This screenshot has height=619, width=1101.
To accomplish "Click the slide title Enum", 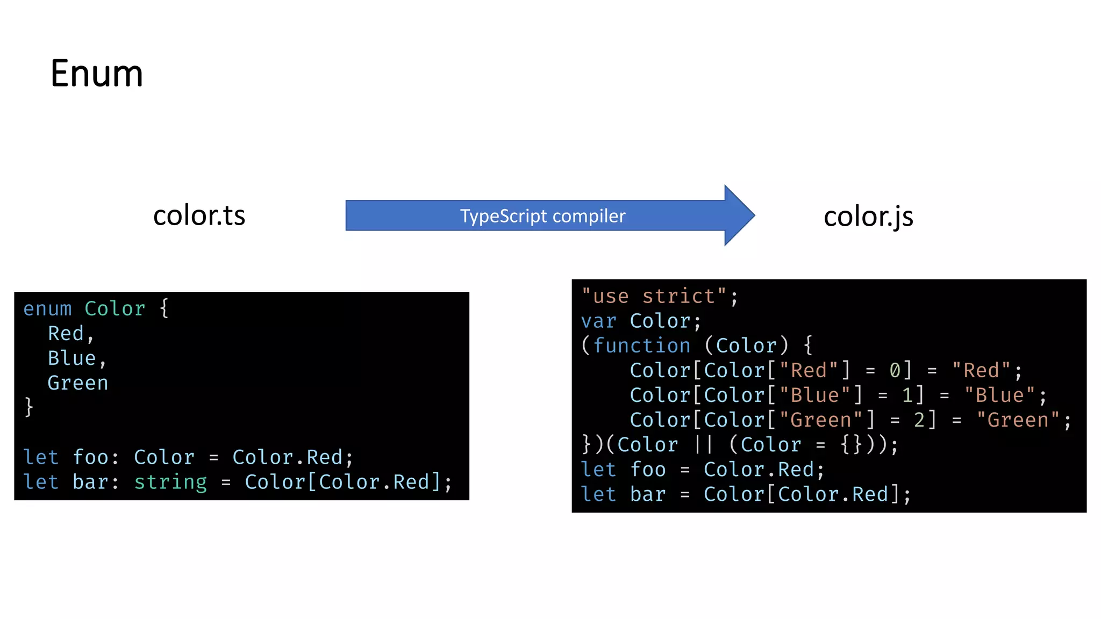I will pyautogui.click(x=97, y=74).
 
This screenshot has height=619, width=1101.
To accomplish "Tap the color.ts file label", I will pyautogui.click(x=199, y=215).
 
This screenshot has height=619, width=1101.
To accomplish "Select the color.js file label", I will pyautogui.click(x=868, y=217).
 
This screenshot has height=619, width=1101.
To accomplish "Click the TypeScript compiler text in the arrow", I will pyautogui.click(x=542, y=216).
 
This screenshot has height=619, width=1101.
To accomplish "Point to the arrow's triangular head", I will pyautogui.click(x=739, y=215).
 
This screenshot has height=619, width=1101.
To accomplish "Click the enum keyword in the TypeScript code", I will pyautogui.click(x=47, y=309).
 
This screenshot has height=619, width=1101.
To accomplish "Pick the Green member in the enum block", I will pyautogui.click(x=78, y=383).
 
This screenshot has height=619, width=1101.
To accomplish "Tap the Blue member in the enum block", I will pyautogui.click(x=72, y=358).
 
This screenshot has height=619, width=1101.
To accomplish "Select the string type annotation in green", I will pyautogui.click(x=170, y=482).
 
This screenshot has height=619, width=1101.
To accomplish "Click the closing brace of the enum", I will pyautogui.click(x=29, y=407).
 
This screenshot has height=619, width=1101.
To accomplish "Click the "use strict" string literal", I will pyautogui.click(x=654, y=296).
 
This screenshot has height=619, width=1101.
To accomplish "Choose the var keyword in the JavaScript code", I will pyautogui.click(x=598, y=321).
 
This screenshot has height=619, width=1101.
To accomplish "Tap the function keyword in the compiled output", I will pyautogui.click(x=642, y=346).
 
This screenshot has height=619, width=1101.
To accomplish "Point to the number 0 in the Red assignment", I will pyautogui.click(x=895, y=370).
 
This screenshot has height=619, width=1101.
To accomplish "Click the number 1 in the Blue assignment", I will pyautogui.click(x=907, y=395).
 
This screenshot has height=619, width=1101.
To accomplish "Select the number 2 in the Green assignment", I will pyautogui.click(x=920, y=420).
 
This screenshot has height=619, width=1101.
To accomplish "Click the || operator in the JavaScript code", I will pyautogui.click(x=703, y=445).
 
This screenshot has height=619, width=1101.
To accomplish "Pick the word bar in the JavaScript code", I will pyautogui.click(x=648, y=494).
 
